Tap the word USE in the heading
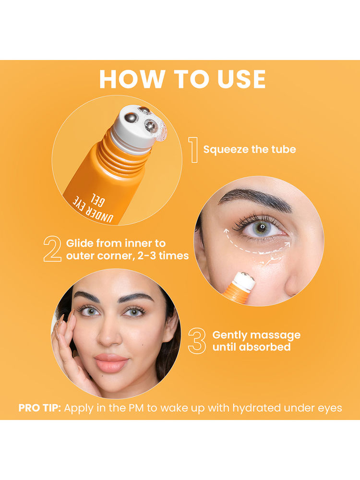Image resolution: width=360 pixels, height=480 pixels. tap(241, 79)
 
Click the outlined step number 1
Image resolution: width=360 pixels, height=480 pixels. tap(193, 150)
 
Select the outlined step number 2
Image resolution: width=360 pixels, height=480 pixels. tap(52, 249)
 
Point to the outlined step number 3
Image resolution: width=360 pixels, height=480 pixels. tap(197, 341)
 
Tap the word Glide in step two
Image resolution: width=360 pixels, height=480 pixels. tap(80, 243)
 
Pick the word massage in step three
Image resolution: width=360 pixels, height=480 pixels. tap(275, 336)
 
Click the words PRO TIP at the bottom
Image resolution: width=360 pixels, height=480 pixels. tap(40, 408)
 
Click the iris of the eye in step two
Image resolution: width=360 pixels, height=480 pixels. tap(262, 228)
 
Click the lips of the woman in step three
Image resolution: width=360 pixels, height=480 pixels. tap(111, 363)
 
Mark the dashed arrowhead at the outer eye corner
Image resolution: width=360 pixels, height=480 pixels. tap(287, 244)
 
